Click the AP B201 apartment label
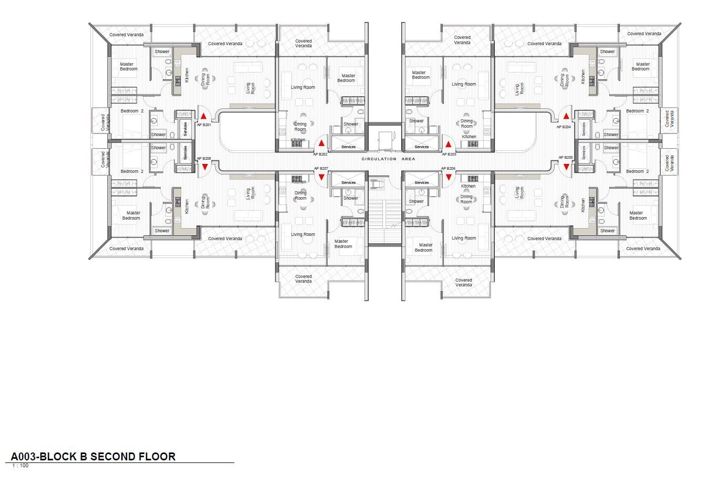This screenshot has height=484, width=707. [x=204, y=125]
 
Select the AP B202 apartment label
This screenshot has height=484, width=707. [x=320, y=155]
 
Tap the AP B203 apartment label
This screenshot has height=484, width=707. [x=449, y=155]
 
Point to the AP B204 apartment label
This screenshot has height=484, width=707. [x=564, y=127]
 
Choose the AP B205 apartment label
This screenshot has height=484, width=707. [x=566, y=157]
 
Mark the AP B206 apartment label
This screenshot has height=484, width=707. [x=448, y=169]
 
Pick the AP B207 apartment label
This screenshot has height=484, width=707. [x=321, y=169]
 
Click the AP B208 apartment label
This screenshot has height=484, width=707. [x=204, y=159]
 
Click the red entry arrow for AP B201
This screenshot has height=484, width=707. [x=204, y=116]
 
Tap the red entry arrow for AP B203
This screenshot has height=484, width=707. [x=448, y=145]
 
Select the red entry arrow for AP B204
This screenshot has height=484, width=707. [x=566, y=116]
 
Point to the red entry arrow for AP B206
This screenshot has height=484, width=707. [x=449, y=178]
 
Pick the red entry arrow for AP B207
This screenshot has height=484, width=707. [x=321, y=178]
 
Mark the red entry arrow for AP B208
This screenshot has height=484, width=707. [x=204, y=167]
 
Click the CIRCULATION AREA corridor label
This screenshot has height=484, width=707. [x=388, y=159]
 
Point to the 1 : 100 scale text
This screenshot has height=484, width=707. [x=20, y=466]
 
